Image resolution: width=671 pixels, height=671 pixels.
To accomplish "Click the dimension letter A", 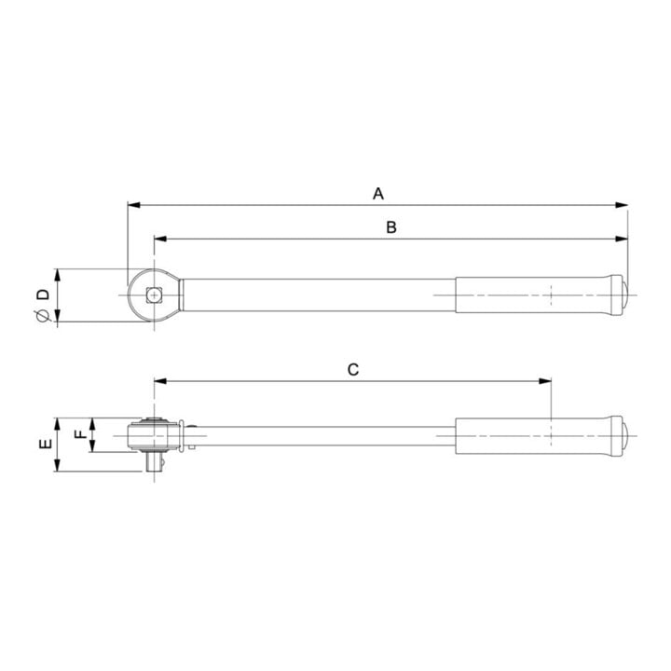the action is (x=377, y=194).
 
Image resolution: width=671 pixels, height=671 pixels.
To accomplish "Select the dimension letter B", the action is (x=391, y=227).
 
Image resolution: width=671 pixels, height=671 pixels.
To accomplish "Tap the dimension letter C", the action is (x=353, y=370).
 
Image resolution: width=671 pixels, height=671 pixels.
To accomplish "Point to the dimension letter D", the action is (x=43, y=294).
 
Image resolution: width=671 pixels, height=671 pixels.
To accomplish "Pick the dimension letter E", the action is (x=46, y=444).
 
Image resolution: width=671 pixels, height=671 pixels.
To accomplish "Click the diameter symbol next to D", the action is (x=42, y=315).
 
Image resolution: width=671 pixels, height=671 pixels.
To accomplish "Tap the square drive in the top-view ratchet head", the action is (x=154, y=294).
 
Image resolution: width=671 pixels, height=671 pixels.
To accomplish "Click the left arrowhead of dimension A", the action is (x=134, y=205).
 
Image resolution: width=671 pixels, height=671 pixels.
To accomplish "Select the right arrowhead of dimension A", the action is (x=622, y=205).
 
